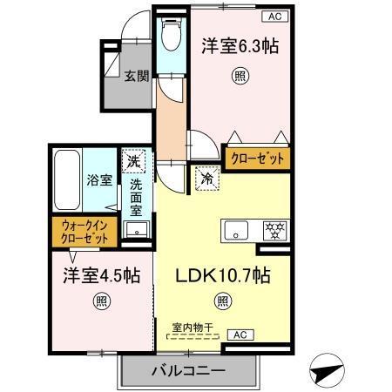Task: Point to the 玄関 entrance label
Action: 133,76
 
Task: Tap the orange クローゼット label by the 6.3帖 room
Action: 256,159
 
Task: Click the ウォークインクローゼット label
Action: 85,233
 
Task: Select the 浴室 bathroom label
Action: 98,180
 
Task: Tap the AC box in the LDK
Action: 238,334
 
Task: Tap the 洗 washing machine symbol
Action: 133,161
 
